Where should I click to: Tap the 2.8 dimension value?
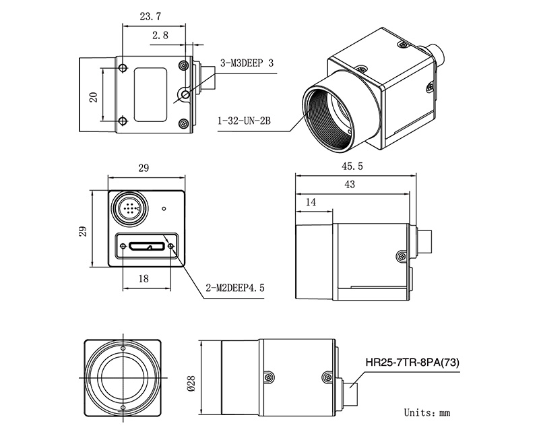click(x=160, y=35)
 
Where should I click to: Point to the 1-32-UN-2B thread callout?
click(x=245, y=123)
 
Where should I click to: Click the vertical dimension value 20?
click(x=94, y=96)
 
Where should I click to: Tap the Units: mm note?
click(x=426, y=412)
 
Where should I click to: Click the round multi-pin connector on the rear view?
click(x=129, y=207)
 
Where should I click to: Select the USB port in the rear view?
click(x=148, y=245)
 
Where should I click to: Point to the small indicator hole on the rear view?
click(x=164, y=209)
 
